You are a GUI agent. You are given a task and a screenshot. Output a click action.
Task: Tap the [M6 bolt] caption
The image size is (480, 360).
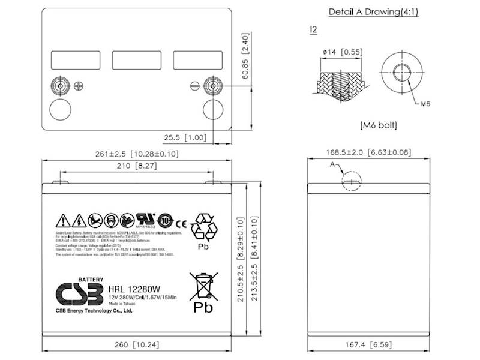379,125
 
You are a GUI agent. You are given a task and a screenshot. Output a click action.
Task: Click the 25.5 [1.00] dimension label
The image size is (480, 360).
187,137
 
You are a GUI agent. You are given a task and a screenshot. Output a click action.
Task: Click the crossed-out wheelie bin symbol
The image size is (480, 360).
203,284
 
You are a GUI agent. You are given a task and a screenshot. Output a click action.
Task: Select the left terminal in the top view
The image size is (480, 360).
60,85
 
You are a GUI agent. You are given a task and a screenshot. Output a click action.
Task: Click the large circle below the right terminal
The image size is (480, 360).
214,110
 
